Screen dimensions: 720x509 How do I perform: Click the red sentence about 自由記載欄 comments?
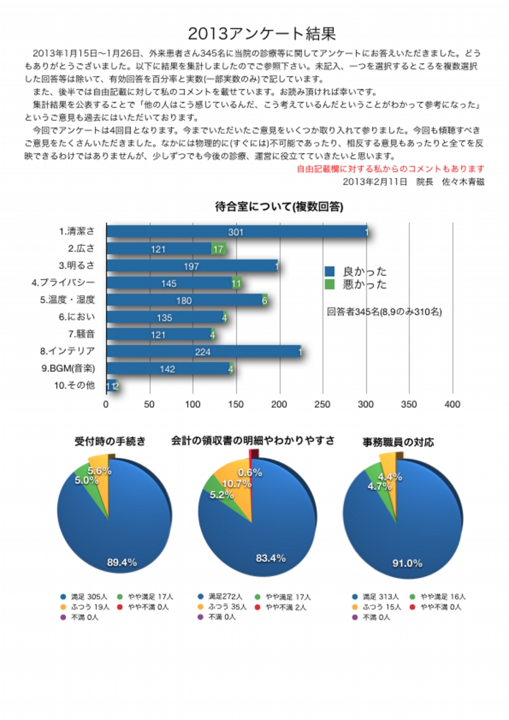391,168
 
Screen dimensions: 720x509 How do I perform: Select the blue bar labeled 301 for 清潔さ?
235,232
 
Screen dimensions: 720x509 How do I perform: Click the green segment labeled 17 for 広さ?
218,249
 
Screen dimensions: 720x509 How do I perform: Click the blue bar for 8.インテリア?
203,352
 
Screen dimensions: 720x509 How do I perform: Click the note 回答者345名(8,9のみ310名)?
384,312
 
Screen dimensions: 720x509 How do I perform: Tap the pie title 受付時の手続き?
110,442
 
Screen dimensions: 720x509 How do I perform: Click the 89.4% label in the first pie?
122,562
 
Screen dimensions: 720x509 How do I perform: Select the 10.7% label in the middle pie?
238,484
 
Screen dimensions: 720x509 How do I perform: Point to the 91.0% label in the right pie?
407,563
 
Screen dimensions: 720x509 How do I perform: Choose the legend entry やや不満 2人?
285,607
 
